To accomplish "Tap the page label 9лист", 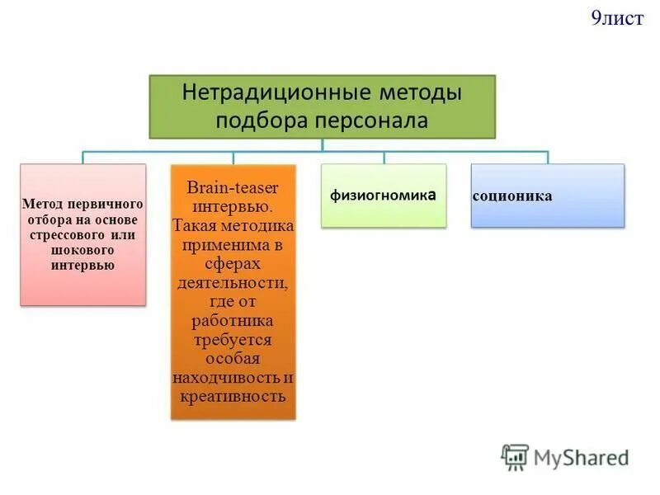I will click(x=616, y=19).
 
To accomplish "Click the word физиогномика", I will click(x=383, y=196).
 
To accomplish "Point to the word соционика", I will click(x=512, y=196).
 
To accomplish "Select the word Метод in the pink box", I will click(x=41, y=204).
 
